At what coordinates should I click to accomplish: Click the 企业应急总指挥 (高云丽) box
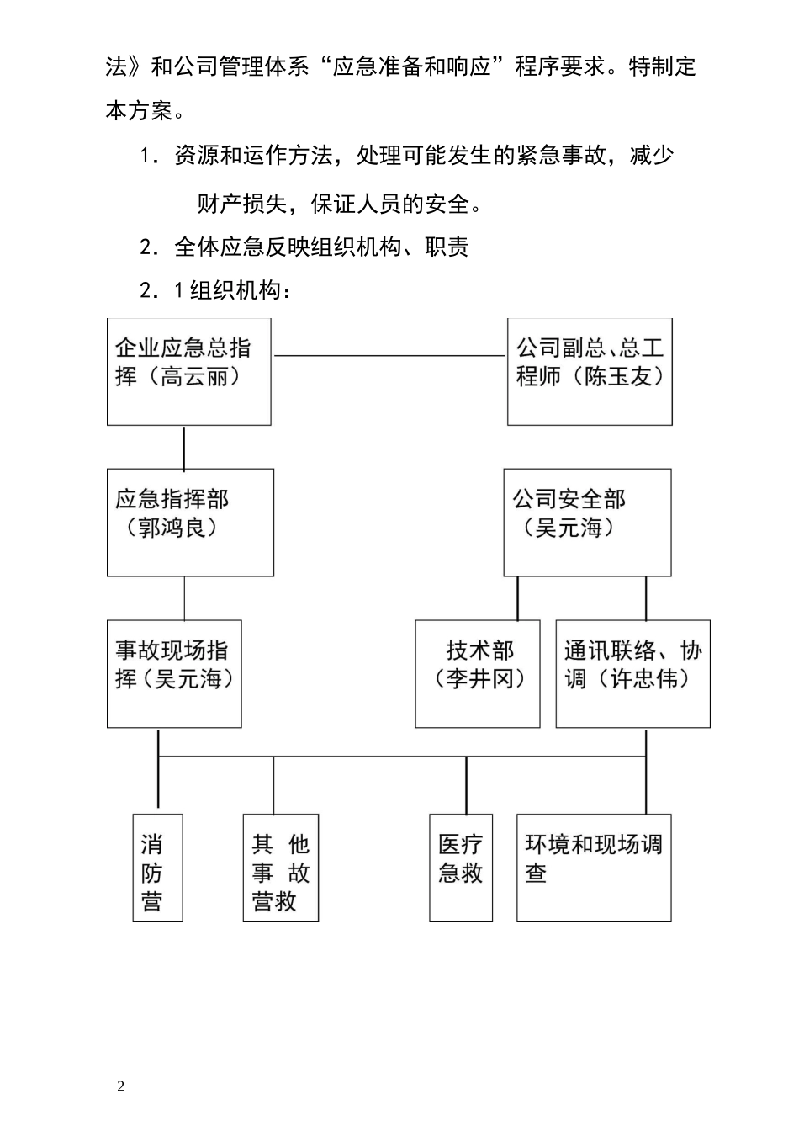click(x=189, y=371)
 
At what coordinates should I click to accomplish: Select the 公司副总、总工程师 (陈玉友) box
click(x=590, y=371)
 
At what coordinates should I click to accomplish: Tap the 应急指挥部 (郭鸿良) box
click(x=190, y=523)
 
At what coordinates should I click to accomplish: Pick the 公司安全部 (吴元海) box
click(x=587, y=523)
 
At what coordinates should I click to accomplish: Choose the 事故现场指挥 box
click(x=174, y=673)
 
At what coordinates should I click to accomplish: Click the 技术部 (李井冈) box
click(x=478, y=673)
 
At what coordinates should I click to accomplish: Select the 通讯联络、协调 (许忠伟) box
click(x=632, y=673)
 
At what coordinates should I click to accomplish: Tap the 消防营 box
click(x=158, y=868)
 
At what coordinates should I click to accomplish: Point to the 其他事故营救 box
click(x=281, y=868)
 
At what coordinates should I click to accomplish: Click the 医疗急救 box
click(x=461, y=868)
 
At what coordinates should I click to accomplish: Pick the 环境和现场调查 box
click(x=594, y=868)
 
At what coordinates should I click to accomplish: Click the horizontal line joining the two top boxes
click(x=389, y=356)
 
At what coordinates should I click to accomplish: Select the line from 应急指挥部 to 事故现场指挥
click(x=184, y=598)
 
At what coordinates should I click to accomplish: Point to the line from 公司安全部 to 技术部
click(x=517, y=598)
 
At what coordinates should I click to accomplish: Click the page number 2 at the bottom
click(x=121, y=1086)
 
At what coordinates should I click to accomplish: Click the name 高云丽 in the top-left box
click(x=194, y=376)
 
